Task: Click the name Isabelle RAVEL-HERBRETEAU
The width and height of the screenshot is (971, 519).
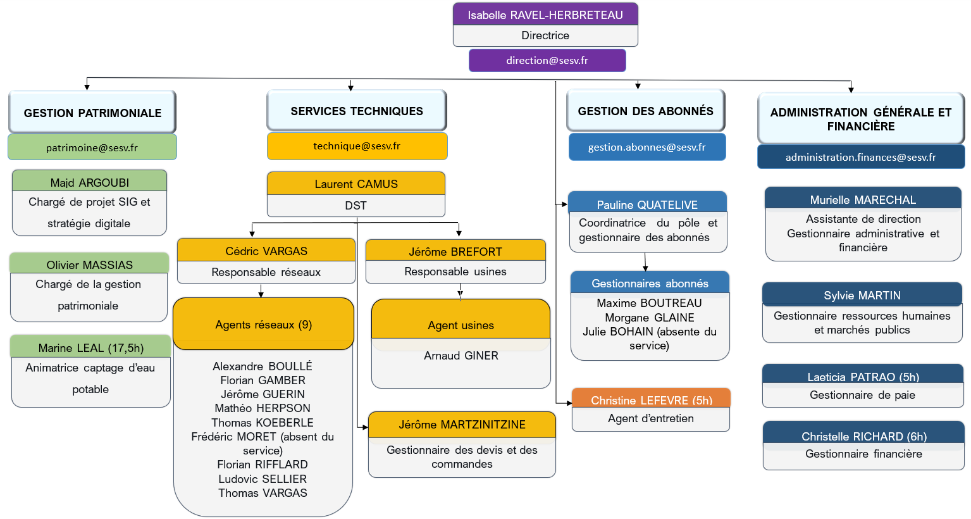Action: (545, 15)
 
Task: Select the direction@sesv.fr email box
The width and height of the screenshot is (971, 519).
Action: (547, 61)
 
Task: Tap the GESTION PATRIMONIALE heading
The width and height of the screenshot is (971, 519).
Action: (92, 113)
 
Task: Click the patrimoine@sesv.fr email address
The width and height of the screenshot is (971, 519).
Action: (92, 148)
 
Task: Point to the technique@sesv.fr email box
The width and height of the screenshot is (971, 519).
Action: (357, 146)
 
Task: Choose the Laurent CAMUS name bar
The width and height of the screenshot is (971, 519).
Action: (356, 184)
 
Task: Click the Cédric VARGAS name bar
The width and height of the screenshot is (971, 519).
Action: (266, 251)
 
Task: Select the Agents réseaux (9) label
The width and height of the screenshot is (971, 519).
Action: (263, 325)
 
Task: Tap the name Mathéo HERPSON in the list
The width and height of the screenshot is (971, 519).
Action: (263, 408)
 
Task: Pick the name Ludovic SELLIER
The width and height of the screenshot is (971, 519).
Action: (263, 479)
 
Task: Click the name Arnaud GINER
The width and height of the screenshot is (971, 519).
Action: (461, 356)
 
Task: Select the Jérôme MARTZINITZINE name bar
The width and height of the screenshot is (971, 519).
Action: (462, 425)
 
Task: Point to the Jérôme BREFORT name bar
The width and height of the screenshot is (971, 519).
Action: (455, 252)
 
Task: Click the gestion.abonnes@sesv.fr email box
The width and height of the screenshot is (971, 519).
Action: (646, 147)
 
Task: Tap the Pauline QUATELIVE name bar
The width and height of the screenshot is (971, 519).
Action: (647, 204)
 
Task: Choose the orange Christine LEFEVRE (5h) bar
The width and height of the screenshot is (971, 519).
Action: (651, 400)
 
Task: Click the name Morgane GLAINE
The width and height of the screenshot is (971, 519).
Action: (650, 318)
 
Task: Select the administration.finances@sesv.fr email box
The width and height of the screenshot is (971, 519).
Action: (860, 158)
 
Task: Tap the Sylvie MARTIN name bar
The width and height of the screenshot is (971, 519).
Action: (862, 296)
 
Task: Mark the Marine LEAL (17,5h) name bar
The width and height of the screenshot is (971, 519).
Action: (90, 348)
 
